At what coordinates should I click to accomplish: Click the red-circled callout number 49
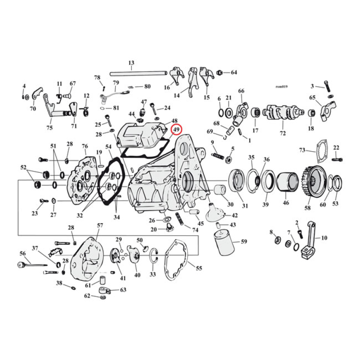coord(176,130)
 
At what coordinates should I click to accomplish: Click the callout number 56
coord(22,253)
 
